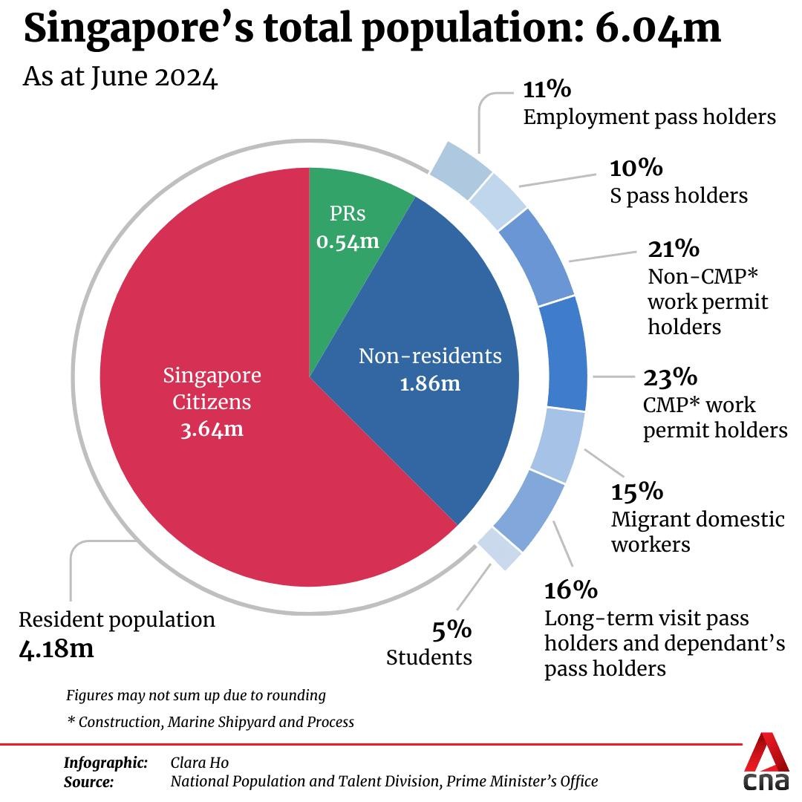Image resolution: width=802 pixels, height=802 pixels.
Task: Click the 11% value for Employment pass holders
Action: click(547, 90)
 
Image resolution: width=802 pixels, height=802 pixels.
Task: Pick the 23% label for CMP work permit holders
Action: click(670, 378)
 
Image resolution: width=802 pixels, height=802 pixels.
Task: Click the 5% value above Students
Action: click(451, 630)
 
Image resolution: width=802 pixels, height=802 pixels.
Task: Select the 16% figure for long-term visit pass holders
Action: click(570, 590)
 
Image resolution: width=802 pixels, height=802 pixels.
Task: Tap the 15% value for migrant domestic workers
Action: click(637, 492)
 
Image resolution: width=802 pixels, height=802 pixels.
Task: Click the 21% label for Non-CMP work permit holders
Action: click(674, 248)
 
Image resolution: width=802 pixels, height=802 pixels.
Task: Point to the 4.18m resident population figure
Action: click(56, 648)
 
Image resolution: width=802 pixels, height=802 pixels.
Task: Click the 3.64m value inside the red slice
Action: click(212, 429)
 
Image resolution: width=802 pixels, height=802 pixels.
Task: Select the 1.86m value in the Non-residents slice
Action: click(430, 384)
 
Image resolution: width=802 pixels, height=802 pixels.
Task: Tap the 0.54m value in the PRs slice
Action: click(348, 241)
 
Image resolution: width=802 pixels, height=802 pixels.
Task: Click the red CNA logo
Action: click(767, 763)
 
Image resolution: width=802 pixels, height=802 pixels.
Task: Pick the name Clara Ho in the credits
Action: click(200, 763)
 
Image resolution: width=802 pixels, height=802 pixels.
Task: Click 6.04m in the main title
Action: click(658, 27)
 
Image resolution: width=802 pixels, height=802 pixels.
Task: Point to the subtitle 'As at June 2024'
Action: click(120, 77)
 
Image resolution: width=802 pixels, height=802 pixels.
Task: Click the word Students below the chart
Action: click(429, 657)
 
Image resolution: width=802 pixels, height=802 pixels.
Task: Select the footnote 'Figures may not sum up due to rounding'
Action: click(196, 696)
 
